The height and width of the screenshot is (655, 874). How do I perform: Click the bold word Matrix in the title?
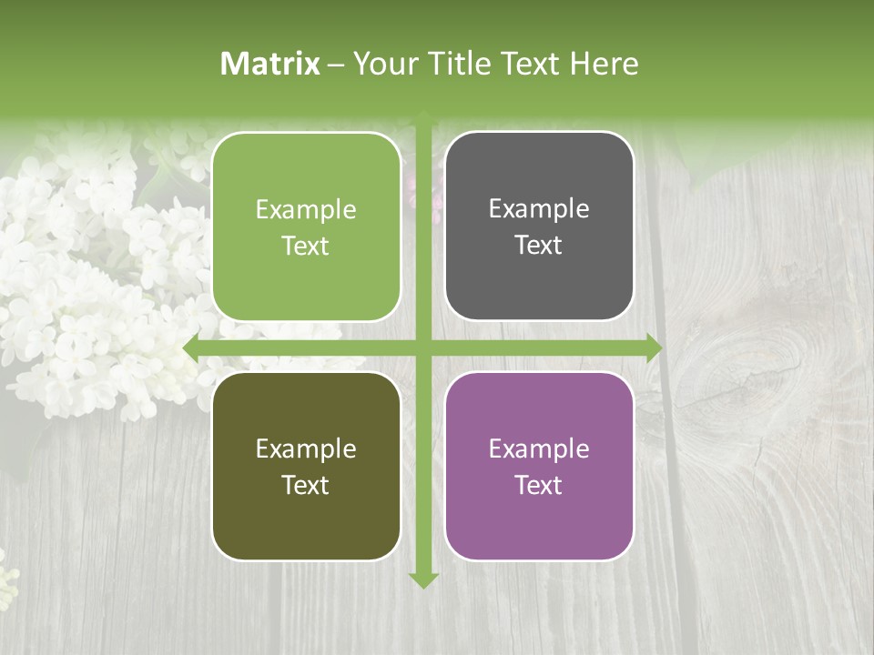pos(270,64)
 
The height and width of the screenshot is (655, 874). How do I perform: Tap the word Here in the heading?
pos(604,64)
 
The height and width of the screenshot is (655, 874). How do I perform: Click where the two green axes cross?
pos(423,348)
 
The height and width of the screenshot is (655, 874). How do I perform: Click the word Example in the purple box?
pos(539,448)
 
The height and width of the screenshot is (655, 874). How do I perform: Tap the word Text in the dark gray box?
pos(539,245)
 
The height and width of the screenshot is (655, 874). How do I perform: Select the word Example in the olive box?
pos(306,448)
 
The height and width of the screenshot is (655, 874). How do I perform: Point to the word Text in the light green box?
pos(306,246)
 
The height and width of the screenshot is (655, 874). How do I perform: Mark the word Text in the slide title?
pos(529,64)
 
